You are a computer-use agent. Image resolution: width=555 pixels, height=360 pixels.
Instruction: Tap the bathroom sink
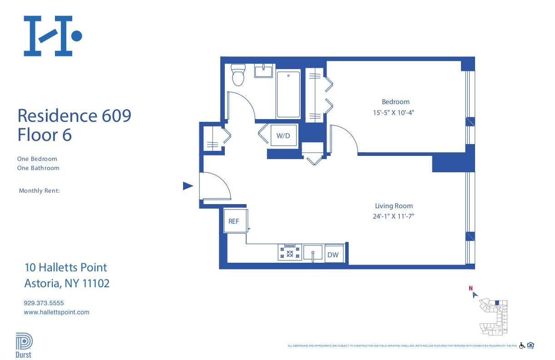pyautogui.click(x=263, y=71)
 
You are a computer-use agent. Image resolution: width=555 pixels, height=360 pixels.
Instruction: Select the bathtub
pyautogui.click(x=288, y=94)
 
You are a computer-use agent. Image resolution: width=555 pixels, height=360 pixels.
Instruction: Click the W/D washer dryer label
pyautogui.click(x=283, y=135)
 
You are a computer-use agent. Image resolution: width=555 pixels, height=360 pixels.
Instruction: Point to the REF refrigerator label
pyautogui.click(x=234, y=221)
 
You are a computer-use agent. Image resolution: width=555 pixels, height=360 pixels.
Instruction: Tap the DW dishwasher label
pyautogui.click(x=333, y=255)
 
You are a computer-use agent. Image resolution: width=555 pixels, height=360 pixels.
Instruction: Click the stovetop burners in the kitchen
pyautogui.click(x=290, y=252)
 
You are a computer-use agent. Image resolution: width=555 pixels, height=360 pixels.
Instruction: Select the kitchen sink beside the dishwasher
pyautogui.click(x=313, y=252)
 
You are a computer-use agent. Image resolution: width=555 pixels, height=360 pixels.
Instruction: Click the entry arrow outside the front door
pyautogui.click(x=188, y=185)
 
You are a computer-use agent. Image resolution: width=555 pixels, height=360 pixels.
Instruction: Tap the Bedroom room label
pyautogui.click(x=395, y=102)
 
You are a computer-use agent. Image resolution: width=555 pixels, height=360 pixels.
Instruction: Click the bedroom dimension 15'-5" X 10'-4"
pyautogui.click(x=395, y=112)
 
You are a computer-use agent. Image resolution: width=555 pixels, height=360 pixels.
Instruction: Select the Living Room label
pyautogui.click(x=394, y=206)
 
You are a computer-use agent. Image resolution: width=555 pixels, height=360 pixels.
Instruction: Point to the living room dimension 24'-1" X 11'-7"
pyautogui.click(x=394, y=216)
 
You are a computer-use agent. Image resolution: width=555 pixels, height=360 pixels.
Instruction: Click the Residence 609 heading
pyautogui.click(x=74, y=115)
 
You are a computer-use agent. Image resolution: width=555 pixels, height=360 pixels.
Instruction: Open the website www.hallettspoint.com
pyautogui.click(x=56, y=312)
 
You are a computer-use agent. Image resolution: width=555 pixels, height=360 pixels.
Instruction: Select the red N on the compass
pyautogui.click(x=471, y=288)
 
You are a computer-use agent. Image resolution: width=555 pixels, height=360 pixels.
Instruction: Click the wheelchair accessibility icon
pyautogui.click(x=522, y=345)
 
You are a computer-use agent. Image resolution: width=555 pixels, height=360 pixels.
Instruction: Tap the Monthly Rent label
pyautogui.click(x=40, y=191)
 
